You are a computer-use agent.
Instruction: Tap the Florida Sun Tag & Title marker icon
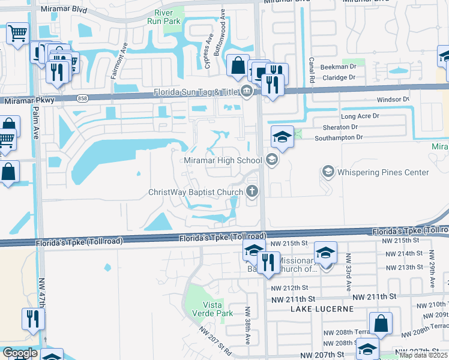click(x=246, y=92)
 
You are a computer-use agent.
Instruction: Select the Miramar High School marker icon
click(x=271, y=160)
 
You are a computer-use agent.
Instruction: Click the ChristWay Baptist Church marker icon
click(x=253, y=192)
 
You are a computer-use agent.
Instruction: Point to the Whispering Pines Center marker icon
click(x=328, y=172)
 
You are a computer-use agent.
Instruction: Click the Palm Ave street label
click(x=37, y=123)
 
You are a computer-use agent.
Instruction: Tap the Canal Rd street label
click(x=312, y=69)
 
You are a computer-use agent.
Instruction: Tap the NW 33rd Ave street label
click(x=349, y=272)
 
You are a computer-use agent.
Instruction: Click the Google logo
click(x=20, y=353)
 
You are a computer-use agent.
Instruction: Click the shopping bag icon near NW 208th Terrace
click(x=381, y=325)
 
